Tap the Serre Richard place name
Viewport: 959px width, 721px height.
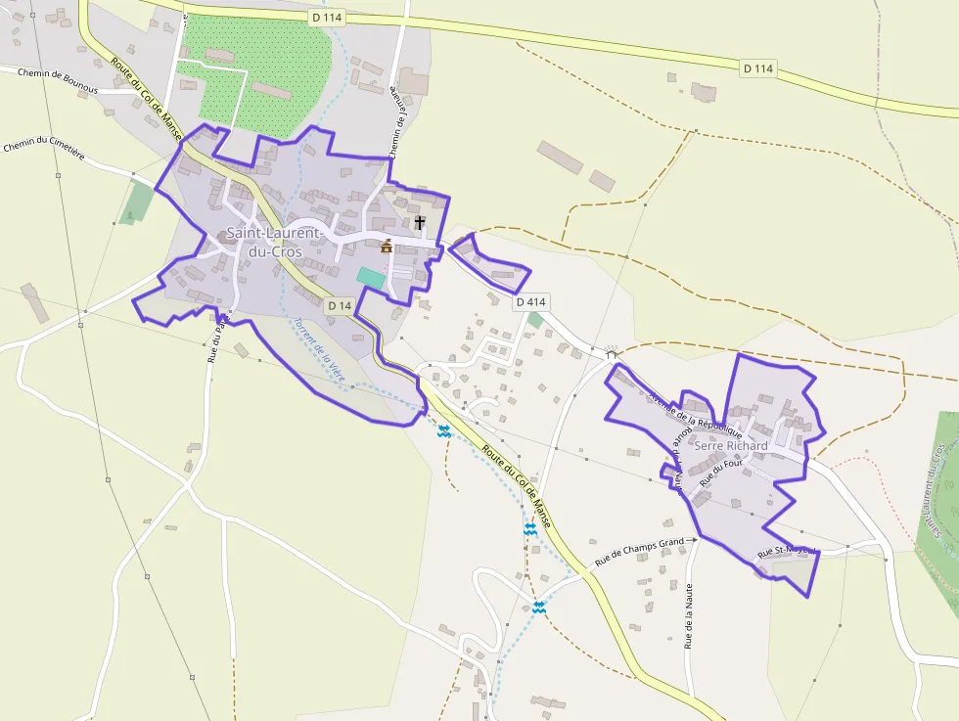[731, 446]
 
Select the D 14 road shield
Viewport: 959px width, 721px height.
[339, 306]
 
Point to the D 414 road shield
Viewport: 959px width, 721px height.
[529, 301]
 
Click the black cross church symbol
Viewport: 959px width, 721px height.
[420, 223]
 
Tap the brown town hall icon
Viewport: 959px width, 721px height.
[387, 246]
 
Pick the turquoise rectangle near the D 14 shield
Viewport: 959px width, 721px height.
[371, 277]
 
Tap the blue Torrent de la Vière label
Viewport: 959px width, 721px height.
[319, 348]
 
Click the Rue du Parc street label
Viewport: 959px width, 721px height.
[215, 338]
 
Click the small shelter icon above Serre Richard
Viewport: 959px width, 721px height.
[613, 352]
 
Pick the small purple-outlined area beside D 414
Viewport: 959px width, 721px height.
[491, 263]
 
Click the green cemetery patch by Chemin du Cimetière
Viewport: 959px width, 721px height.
[138, 202]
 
